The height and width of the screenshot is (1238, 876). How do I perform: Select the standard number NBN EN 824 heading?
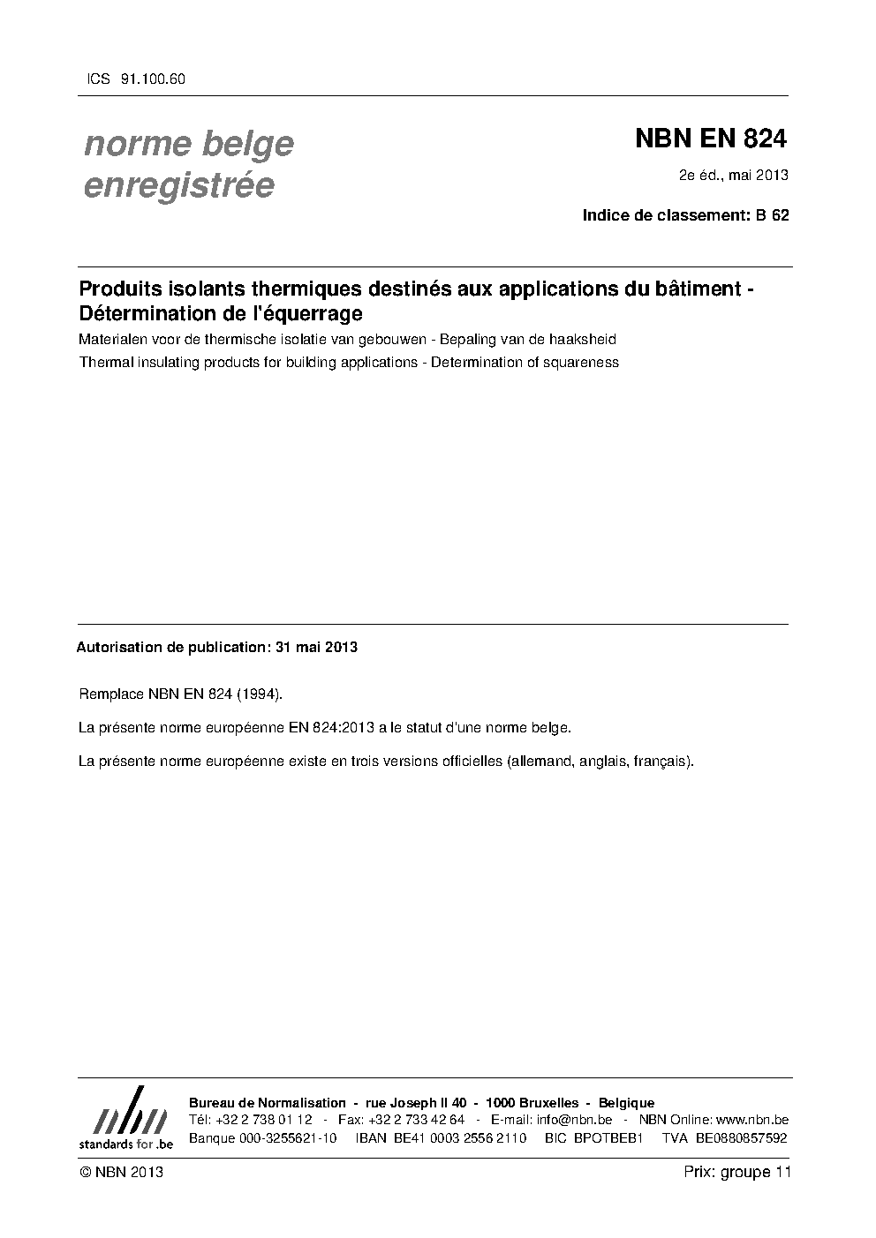click(710, 139)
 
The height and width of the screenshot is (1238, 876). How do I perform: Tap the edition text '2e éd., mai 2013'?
click(732, 175)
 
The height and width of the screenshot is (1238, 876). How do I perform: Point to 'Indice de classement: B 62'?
click(685, 215)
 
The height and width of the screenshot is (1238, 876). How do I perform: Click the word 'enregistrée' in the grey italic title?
click(178, 185)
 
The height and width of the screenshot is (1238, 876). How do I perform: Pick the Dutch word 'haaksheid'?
click(582, 340)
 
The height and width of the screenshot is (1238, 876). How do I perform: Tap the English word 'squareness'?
click(581, 362)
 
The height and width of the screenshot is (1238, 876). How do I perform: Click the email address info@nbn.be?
click(574, 1120)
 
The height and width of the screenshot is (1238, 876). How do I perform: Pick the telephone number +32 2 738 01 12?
click(263, 1120)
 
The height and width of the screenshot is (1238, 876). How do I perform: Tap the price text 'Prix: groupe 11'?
click(736, 1172)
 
